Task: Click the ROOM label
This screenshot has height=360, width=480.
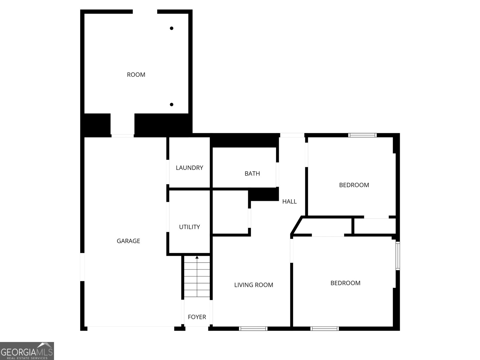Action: (x=136, y=75)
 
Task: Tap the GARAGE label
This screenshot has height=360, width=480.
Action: (x=128, y=241)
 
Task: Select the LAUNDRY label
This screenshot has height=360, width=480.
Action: (x=189, y=168)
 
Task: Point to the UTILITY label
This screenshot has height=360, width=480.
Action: (x=189, y=227)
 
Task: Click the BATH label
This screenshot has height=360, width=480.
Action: (x=252, y=173)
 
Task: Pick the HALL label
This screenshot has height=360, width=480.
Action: (x=289, y=202)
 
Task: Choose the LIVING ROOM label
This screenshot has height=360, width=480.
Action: (x=253, y=285)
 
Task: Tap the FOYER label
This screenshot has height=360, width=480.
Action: (x=197, y=317)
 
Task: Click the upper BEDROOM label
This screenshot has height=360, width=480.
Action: (x=354, y=185)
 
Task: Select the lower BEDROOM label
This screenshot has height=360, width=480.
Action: (x=345, y=283)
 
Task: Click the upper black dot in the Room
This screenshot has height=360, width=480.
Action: (x=172, y=28)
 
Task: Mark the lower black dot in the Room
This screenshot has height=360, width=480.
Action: (x=172, y=105)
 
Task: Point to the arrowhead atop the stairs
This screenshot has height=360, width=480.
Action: (x=197, y=257)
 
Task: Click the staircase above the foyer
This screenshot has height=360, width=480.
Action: (x=197, y=277)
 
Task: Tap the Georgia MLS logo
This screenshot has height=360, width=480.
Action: (x=27, y=351)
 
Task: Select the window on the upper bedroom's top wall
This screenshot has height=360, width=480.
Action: (x=362, y=135)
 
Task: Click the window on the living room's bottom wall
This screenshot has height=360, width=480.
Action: (x=253, y=329)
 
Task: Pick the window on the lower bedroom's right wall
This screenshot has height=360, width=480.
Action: (x=397, y=256)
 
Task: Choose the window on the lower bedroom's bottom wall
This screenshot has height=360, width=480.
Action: (x=325, y=329)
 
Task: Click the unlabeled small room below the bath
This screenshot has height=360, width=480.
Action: (x=230, y=212)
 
